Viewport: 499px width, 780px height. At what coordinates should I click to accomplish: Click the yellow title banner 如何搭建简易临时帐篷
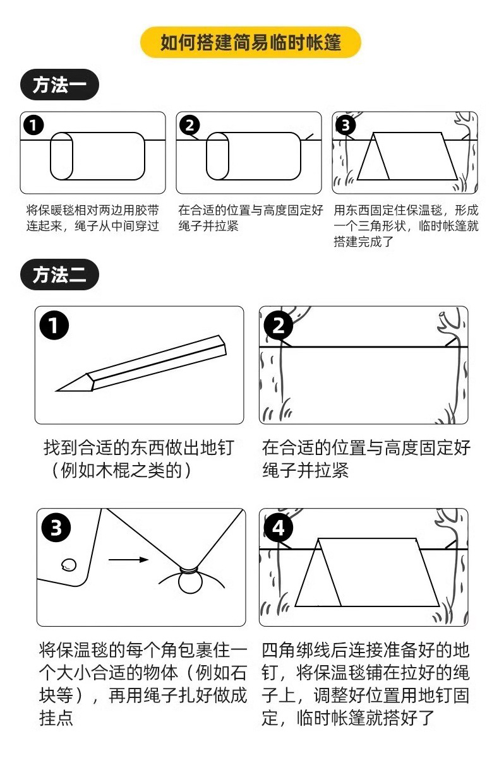coord(250,42)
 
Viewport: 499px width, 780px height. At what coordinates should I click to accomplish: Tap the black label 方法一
coord(59,85)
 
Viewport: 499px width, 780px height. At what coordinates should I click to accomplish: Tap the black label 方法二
coord(59,275)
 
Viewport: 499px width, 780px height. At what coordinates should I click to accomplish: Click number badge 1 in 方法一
coord(33,125)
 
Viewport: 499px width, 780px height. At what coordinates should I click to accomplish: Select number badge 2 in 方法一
coord(189,125)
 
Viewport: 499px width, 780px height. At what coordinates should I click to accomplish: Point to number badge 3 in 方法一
coord(345,125)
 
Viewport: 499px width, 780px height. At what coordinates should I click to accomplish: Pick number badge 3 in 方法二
coord(56,528)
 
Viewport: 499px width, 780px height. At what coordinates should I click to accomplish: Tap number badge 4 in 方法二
coord(279,528)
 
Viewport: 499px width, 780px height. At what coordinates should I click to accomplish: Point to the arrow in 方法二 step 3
coord(128,558)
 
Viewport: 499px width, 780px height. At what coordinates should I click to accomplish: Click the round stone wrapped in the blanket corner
coord(189,581)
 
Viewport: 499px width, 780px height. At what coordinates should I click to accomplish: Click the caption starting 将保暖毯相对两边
coord(92,218)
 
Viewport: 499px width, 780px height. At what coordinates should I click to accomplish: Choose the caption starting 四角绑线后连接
coord(365,684)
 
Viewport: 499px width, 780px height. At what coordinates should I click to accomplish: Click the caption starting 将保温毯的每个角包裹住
coord(142,684)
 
